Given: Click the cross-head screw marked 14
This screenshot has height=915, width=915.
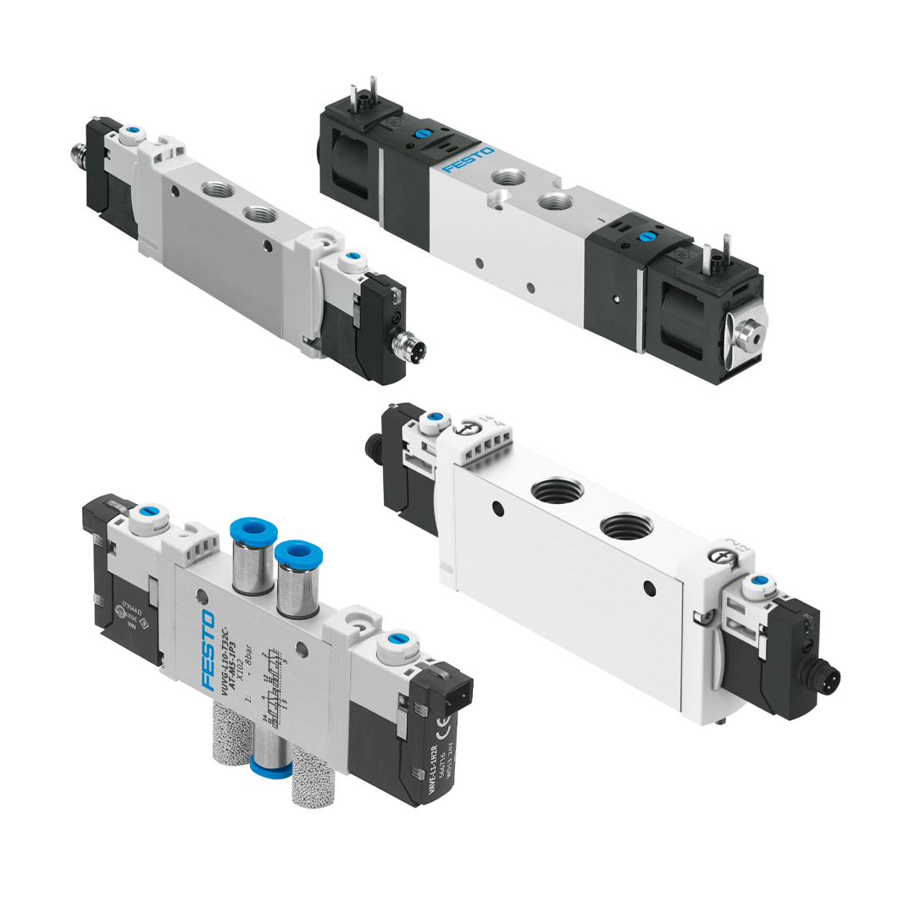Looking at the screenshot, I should click(464, 429).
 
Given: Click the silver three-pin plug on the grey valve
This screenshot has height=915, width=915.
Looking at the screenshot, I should click(412, 347).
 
